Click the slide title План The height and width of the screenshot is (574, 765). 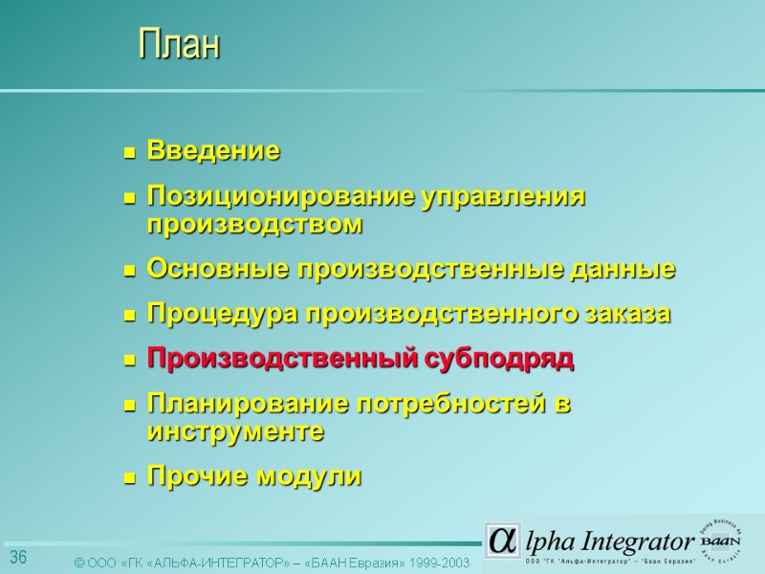pyautogui.click(x=179, y=45)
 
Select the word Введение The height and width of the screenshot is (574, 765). pyautogui.click(x=213, y=151)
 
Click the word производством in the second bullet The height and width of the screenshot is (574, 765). pyautogui.click(x=255, y=226)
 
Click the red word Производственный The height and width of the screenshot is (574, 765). pyautogui.click(x=282, y=360)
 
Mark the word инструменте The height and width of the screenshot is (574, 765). pyautogui.click(x=235, y=432)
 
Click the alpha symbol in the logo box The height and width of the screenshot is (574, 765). pyautogui.click(x=501, y=540)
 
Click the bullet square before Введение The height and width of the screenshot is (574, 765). pyautogui.click(x=129, y=152)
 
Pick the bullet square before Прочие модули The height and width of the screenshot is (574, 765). pyautogui.click(x=129, y=478)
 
